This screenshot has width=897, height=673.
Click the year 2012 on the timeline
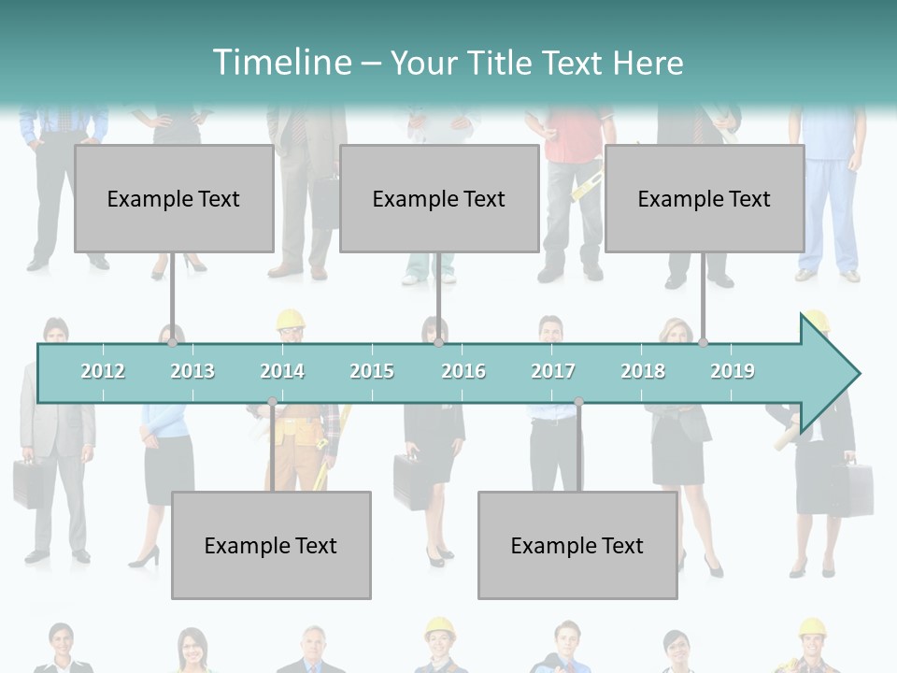point(103,371)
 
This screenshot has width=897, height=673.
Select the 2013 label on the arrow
point(192,371)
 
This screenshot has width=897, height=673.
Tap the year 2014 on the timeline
point(282,371)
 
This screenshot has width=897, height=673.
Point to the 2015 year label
point(372,371)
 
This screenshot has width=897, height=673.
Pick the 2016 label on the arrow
point(463,371)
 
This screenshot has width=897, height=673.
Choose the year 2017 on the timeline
point(553,371)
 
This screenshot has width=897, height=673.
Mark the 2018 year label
point(643,371)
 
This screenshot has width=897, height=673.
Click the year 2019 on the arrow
point(733,371)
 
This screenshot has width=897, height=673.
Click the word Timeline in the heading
point(280,63)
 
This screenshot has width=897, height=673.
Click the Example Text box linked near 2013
point(174,198)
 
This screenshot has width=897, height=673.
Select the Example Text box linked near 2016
point(439,198)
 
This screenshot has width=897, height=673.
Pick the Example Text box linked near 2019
point(705,198)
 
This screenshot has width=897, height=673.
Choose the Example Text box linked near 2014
point(271,545)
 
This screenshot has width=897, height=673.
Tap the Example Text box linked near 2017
point(577,545)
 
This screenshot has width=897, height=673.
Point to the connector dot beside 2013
point(173,343)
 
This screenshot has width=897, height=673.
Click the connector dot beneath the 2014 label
point(272,402)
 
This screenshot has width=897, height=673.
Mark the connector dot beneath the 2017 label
point(578,402)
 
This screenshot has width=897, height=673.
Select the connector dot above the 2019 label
point(703,343)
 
